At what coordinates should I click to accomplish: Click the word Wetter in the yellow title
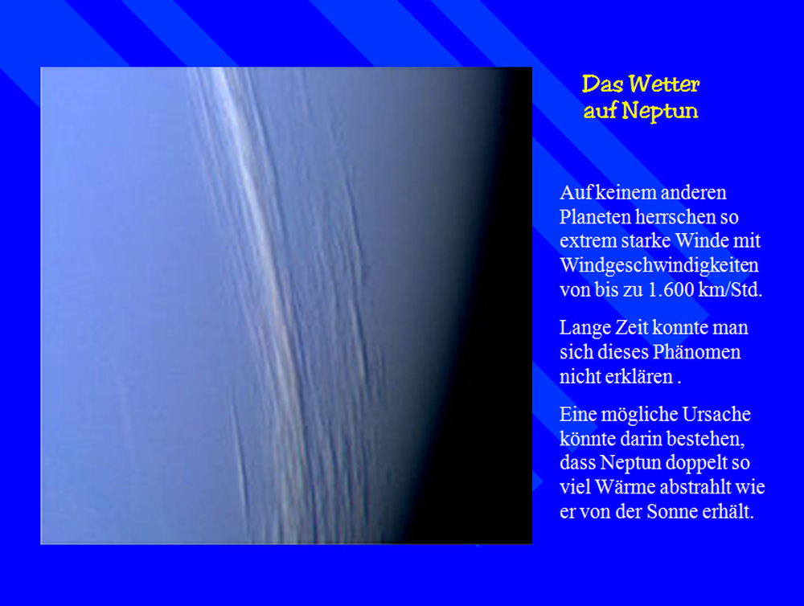click(664, 84)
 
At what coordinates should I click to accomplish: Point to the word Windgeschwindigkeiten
click(659, 266)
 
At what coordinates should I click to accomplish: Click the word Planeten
click(595, 217)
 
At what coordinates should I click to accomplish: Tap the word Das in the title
click(602, 84)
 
